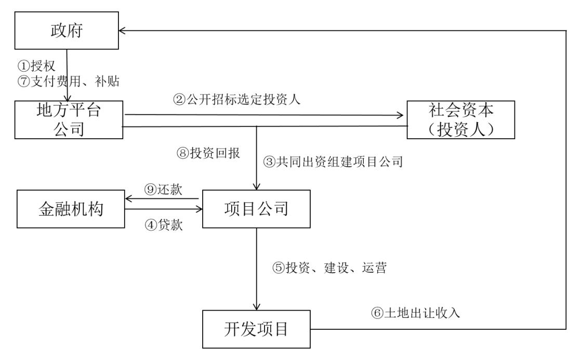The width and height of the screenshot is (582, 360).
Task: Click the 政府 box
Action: (67, 31)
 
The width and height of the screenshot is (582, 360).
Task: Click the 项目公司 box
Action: (256, 209)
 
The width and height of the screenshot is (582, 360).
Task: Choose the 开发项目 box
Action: (256, 329)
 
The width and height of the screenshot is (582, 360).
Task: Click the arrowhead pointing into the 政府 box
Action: (122, 31)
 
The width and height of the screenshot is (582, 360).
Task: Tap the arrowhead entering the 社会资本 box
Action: (404, 115)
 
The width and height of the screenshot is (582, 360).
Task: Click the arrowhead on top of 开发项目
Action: (256, 306)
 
